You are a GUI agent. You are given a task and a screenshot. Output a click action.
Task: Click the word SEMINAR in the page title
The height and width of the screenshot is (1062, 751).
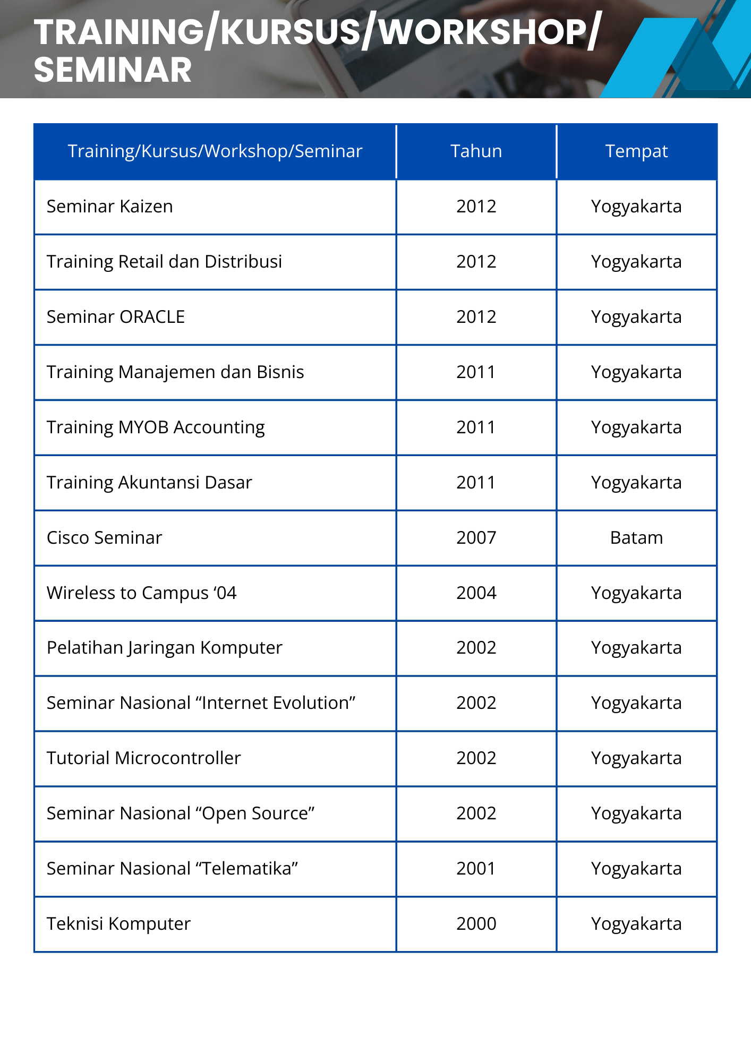coord(113,70)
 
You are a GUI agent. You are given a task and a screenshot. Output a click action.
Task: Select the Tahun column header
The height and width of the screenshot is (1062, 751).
coord(476,151)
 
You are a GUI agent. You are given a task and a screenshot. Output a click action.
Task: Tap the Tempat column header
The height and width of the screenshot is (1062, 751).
coord(636,151)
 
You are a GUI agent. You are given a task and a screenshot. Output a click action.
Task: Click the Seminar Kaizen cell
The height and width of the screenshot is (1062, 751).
coord(110,207)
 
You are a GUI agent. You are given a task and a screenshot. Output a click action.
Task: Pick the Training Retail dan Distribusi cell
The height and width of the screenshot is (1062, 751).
coord(164,262)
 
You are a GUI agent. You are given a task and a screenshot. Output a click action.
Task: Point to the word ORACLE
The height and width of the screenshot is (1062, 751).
coord(152,317)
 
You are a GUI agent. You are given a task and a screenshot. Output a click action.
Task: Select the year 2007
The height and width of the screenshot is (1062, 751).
coord(476,538)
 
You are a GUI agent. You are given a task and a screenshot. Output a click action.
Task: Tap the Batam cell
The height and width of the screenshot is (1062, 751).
coord(636,538)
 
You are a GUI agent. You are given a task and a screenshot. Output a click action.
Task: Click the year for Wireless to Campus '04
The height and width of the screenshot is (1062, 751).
coord(476,593)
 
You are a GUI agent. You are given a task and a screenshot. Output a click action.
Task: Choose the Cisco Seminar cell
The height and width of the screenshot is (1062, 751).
coord(105,538)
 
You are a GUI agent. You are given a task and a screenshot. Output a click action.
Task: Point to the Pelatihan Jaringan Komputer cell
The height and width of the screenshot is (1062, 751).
coord(165,648)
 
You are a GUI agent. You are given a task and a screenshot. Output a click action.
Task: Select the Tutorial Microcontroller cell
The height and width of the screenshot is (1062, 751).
coord(144,758)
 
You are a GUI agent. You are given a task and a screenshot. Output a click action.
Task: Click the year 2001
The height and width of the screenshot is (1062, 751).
coord(476,869)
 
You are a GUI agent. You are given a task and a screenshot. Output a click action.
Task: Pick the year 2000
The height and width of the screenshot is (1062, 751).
coord(476,924)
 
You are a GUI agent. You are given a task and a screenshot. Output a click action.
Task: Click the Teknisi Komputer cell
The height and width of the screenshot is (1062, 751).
coord(118,924)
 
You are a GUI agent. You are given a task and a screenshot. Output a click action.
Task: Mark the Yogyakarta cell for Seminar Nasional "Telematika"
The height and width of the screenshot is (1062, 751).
coord(636,869)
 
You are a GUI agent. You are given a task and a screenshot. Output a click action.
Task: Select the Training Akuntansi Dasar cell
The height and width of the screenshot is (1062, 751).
coord(149,483)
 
